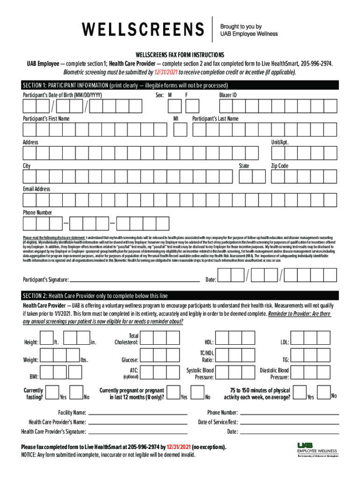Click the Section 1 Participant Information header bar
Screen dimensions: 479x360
coord(180,86)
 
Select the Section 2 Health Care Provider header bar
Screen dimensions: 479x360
coord(180,296)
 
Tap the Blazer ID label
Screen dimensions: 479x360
coord(228,95)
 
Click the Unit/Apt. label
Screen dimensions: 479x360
coord(280,142)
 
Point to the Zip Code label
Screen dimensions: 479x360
coord(280,166)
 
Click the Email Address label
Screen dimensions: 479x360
coord(36,189)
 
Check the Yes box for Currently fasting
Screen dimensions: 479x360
coord(52,392)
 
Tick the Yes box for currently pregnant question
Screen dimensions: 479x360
coord(173,392)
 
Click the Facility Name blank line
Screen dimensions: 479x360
coord(137,413)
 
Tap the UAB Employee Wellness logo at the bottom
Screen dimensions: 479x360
coord(317,450)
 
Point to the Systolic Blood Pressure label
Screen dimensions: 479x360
coord(200,373)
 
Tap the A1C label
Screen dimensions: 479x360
coord(133,370)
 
